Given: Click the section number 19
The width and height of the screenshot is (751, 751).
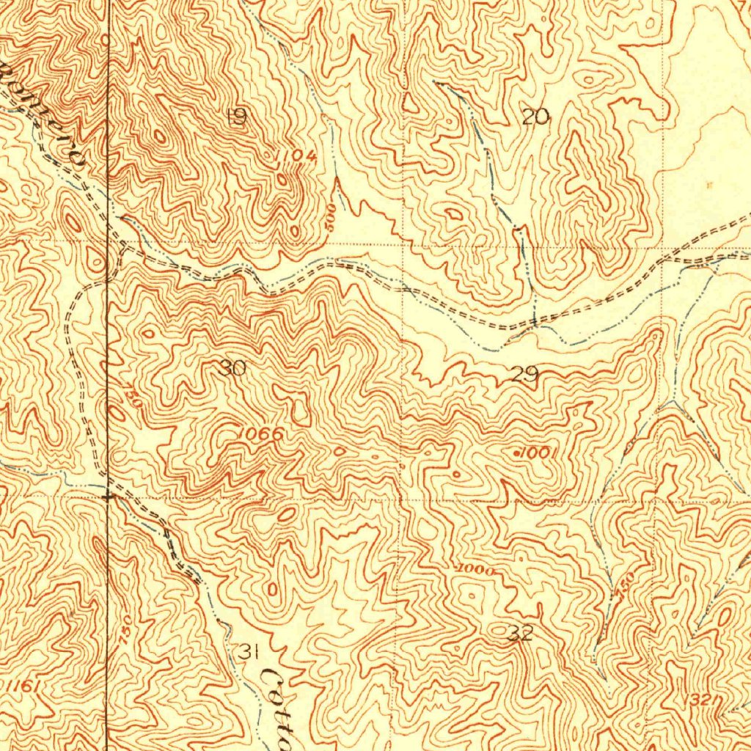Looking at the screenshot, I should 236,117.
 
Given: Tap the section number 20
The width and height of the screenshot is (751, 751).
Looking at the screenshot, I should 535,116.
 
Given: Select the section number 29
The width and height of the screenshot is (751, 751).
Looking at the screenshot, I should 525,375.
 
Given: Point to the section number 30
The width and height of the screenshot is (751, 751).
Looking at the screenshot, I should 232,368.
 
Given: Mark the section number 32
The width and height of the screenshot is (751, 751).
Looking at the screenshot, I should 520,634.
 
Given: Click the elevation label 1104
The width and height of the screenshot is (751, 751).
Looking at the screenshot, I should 296,155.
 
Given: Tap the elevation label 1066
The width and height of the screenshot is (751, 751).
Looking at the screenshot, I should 260,434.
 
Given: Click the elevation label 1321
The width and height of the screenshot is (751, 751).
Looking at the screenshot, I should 701,702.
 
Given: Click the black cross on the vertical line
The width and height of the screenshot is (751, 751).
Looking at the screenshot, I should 109,497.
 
